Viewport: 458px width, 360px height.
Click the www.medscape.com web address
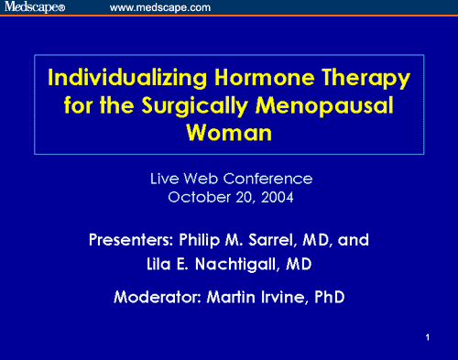coord(160,7)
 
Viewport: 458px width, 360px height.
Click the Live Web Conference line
coord(230,178)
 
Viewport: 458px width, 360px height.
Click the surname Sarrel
coord(273,241)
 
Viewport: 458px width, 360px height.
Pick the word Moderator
coord(158,297)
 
